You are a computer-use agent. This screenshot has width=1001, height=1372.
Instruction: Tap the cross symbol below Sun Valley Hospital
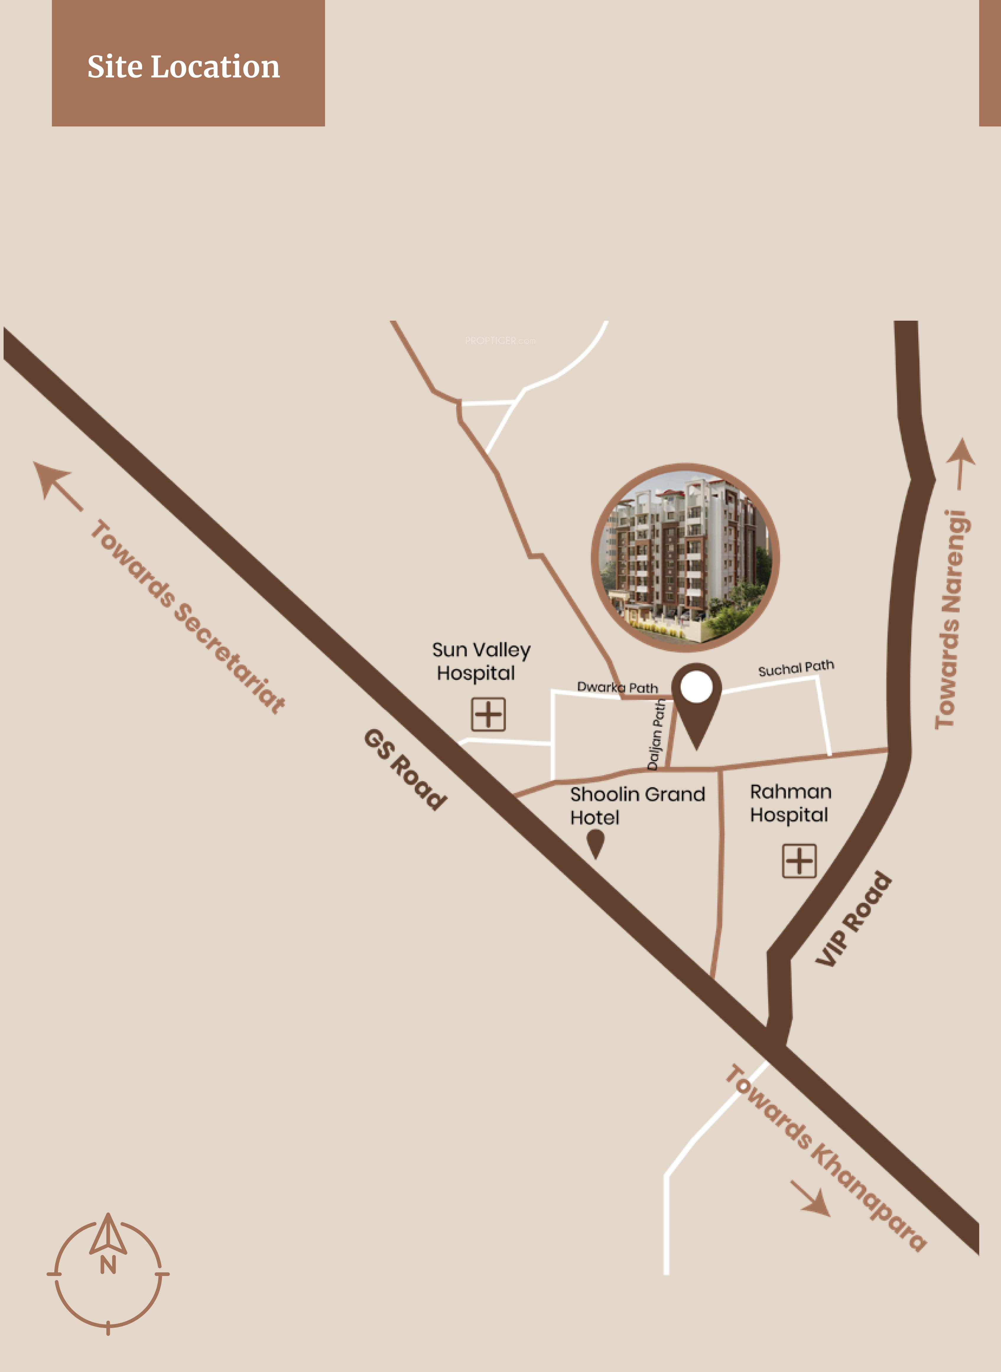tap(488, 714)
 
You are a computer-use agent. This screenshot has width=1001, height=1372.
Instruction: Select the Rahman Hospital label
tap(790, 803)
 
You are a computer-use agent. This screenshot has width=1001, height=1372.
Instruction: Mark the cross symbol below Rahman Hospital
tap(799, 861)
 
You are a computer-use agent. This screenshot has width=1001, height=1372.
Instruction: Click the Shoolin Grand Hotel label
tap(637, 805)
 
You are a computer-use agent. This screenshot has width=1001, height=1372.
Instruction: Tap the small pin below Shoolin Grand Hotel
tap(596, 842)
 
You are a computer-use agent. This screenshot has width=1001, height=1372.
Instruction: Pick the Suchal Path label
tap(796, 668)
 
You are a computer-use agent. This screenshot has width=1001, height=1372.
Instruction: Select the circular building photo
tap(685, 557)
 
